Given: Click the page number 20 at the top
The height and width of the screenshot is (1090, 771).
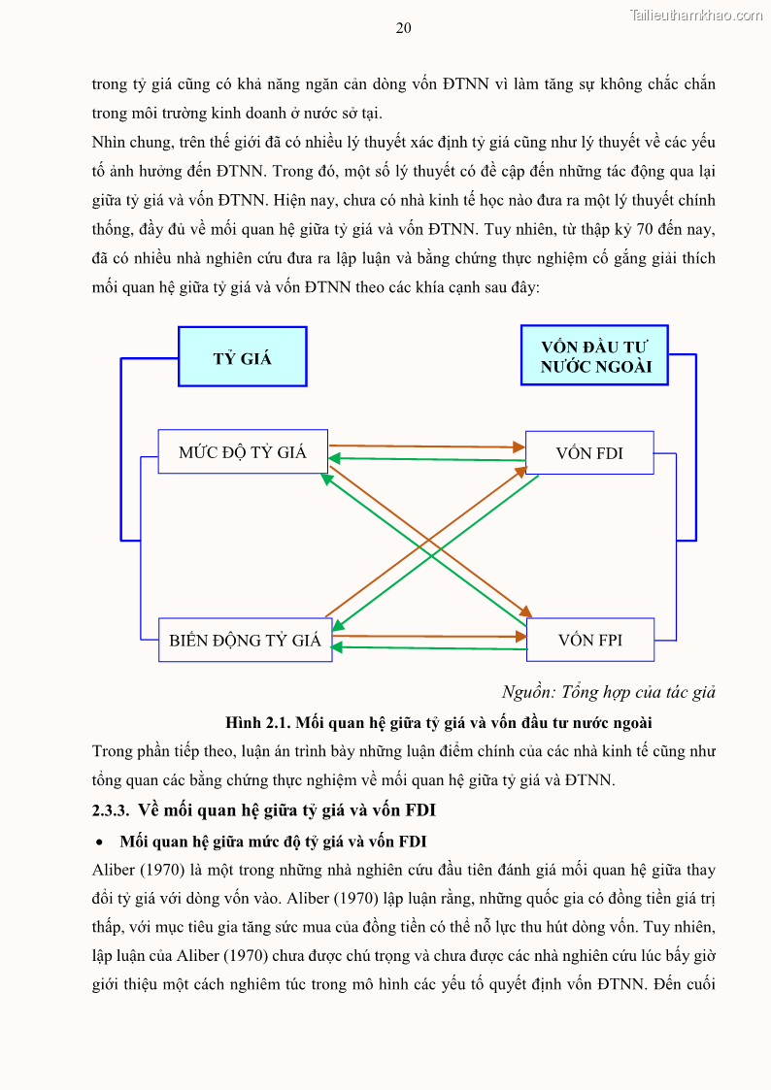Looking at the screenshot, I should coord(403,28).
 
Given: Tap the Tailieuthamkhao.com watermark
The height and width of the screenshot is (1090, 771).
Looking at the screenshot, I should coord(696,15).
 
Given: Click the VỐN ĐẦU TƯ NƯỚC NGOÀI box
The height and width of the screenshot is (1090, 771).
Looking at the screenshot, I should coord(595,356).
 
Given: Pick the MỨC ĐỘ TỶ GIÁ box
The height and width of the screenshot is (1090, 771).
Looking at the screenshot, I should coord(242,452).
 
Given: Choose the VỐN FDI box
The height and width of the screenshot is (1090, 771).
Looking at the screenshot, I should coord(588,452).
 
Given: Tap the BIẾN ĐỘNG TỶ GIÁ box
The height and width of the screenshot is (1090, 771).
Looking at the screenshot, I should coord(245,641).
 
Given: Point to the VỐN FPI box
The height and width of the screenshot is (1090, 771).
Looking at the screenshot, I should coord(589,641).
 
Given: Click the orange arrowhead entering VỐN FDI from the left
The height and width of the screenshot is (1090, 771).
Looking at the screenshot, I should coord(519,447).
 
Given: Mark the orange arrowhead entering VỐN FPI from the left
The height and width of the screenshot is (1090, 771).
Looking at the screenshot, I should coord(520,638).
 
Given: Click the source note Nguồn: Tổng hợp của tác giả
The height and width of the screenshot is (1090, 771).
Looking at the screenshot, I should coord(608,692).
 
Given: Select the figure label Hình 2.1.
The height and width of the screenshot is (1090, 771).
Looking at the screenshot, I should coord(256,722).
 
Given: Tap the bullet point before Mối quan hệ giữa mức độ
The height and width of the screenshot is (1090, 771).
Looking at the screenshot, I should coord(99,841).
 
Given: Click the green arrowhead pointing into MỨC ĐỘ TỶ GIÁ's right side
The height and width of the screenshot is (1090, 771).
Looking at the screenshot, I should coord(336,458).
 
